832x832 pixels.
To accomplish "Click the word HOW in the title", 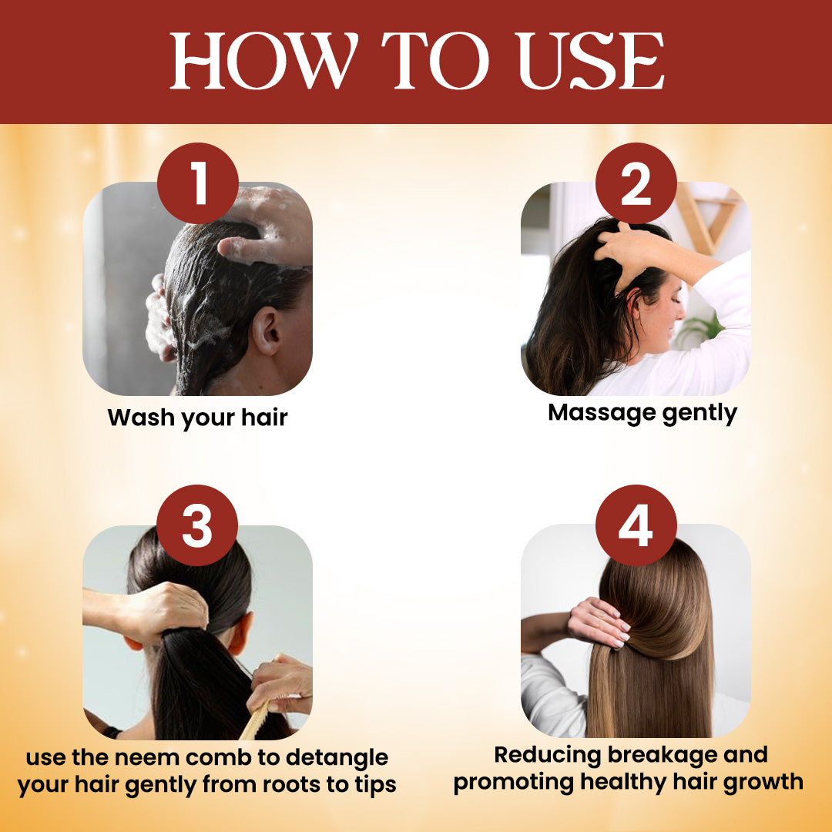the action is click(x=263, y=61).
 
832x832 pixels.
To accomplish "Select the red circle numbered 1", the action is click(x=198, y=183).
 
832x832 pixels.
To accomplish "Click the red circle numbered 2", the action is click(x=636, y=183).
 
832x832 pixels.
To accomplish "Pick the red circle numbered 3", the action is click(x=197, y=525).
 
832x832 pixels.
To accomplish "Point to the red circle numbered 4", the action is click(x=636, y=525).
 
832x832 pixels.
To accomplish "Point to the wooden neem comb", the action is click(x=257, y=720).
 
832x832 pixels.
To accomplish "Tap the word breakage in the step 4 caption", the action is click(x=661, y=755).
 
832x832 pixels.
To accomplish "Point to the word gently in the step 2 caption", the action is click(x=699, y=414).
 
